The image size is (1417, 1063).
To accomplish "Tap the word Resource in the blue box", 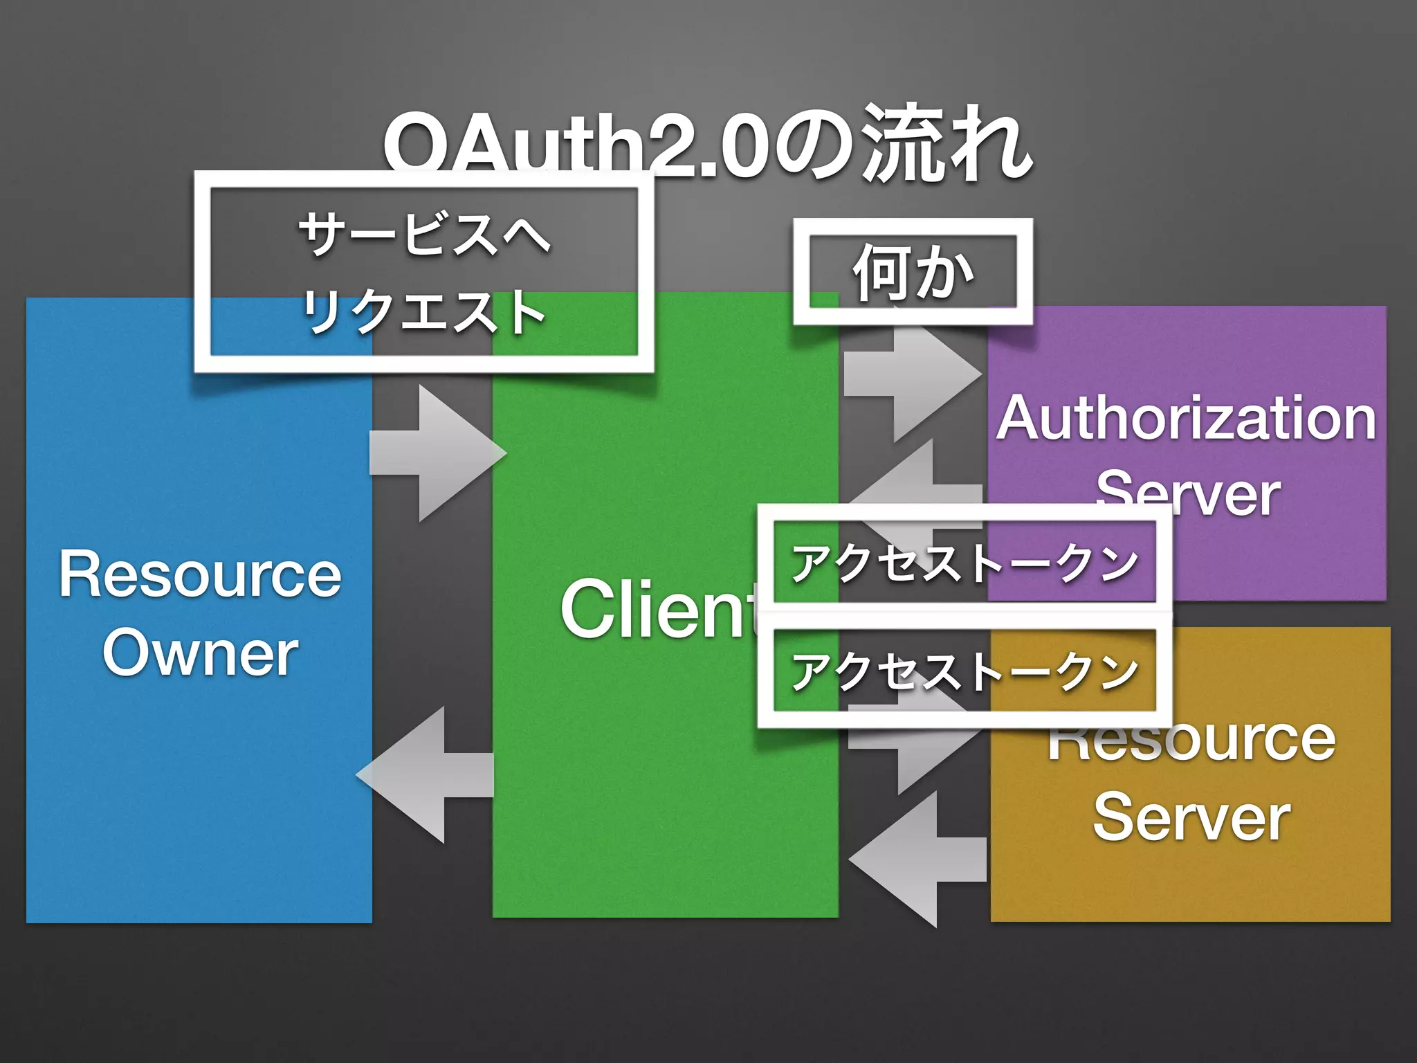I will [x=200, y=574].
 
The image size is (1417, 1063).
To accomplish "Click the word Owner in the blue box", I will [x=200, y=653].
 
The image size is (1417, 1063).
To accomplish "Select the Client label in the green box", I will [x=657, y=609].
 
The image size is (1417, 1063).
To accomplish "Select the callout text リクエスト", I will [x=423, y=311].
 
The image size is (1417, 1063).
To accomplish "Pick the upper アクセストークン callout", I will [x=965, y=562].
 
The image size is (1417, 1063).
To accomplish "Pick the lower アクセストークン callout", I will [x=965, y=671].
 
